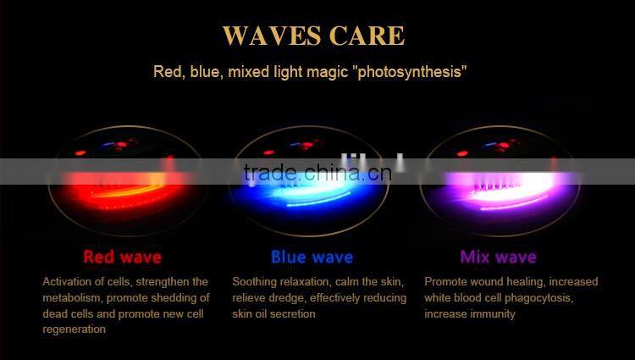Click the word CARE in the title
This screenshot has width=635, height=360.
click(x=367, y=36)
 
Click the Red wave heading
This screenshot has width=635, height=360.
click(x=122, y=256)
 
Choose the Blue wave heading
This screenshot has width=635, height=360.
click(x=312, y=256)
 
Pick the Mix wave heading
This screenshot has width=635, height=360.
click(x=498, y=256)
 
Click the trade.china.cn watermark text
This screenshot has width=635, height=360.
click(x=317, y=173)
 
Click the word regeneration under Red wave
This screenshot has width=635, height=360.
click(x=75, y=330)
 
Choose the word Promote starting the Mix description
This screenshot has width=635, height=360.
click(x=445, y=281)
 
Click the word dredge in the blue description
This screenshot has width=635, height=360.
click(x=284, y=297)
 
